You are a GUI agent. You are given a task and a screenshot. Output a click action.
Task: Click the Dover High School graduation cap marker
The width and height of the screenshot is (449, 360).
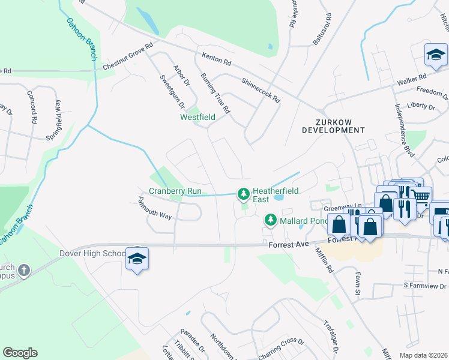coord(137,259)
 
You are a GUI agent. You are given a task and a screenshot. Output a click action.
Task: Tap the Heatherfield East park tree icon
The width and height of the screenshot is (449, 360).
coord(243,194)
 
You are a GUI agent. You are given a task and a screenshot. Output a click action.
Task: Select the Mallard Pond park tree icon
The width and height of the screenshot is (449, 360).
coord(270,220)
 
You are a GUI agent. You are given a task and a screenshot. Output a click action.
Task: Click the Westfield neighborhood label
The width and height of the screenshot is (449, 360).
coord(197,117)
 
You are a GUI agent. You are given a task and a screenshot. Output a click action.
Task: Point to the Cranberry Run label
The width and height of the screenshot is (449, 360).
coord(175,191)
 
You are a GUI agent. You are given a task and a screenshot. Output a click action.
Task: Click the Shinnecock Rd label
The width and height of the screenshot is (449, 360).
coord(261,89)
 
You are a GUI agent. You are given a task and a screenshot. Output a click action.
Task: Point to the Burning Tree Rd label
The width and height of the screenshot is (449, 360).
coord(215,93)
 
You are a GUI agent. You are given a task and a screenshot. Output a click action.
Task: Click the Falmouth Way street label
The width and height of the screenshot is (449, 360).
coord(154,207)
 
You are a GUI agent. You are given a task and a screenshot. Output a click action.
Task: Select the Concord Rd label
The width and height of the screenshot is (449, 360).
coord(32,107)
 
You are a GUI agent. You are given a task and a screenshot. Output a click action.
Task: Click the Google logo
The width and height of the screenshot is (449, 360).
coord(20,353)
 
